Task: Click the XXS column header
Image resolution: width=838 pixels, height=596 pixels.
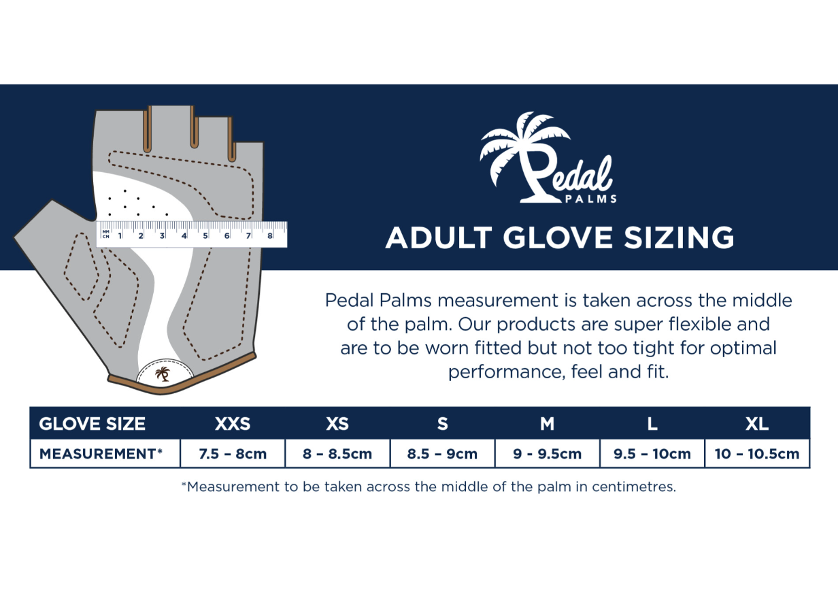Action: (x=233, y=424)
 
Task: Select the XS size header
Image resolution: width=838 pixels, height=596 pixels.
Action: (x=337, y=424)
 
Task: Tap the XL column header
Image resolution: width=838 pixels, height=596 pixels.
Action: (x=757, y=424)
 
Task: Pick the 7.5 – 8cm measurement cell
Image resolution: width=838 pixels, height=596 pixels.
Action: (x=233, y=454)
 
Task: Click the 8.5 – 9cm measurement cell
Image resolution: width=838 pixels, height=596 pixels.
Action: (x=442, y=454)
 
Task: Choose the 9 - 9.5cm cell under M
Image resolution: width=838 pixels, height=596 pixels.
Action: (x=547, y=454)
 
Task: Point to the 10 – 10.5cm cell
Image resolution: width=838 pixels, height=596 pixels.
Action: (x=757, y=454)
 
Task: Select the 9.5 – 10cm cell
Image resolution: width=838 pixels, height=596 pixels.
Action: (x=652, y=454)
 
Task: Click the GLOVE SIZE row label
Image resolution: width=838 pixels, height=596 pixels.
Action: (x=92, y=424)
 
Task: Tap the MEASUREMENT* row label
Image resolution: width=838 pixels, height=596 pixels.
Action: (x=101, y=454)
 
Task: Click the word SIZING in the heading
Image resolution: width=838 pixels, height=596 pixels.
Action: (x=679, y=237)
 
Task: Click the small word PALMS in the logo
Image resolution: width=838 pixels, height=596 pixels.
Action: (x=590, y=199)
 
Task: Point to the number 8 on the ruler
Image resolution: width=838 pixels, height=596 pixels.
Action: (x=270, y=235)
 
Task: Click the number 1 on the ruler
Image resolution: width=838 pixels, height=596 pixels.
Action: (x=120, y=235)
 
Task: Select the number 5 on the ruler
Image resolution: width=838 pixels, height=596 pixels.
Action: (x=205, y=235)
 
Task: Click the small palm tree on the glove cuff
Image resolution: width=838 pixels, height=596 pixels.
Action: (x=163, y=374)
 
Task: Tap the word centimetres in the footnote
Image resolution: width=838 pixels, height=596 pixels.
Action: (x=634, y=486)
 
